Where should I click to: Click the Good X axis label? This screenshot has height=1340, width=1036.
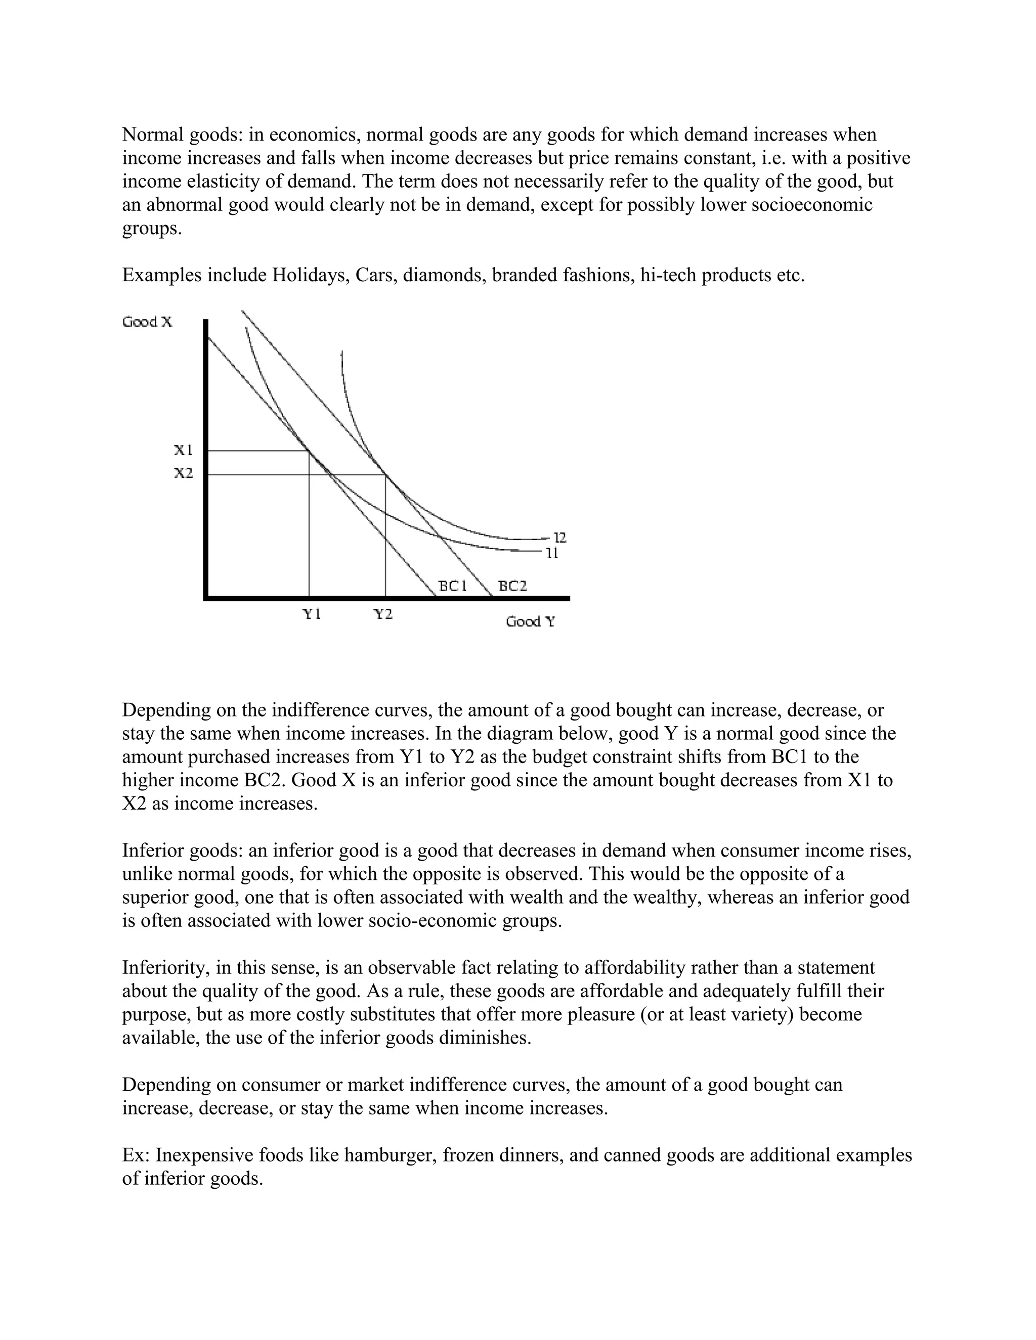(x=147, y=322)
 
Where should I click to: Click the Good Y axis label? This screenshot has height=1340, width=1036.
(x=530, y=621)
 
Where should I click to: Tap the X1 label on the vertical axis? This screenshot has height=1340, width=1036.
(x=184, y=451)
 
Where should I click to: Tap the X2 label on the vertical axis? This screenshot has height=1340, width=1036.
(x=184, y=473)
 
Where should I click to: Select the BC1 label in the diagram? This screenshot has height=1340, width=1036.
(x=453, y=586)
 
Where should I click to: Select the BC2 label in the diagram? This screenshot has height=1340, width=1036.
(x=512, y=586)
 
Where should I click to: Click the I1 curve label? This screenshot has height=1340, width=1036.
(x=552, y=553)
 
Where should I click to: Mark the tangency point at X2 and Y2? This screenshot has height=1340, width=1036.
(x=385, y=474)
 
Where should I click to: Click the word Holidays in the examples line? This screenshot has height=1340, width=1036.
(x=311, y=275)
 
